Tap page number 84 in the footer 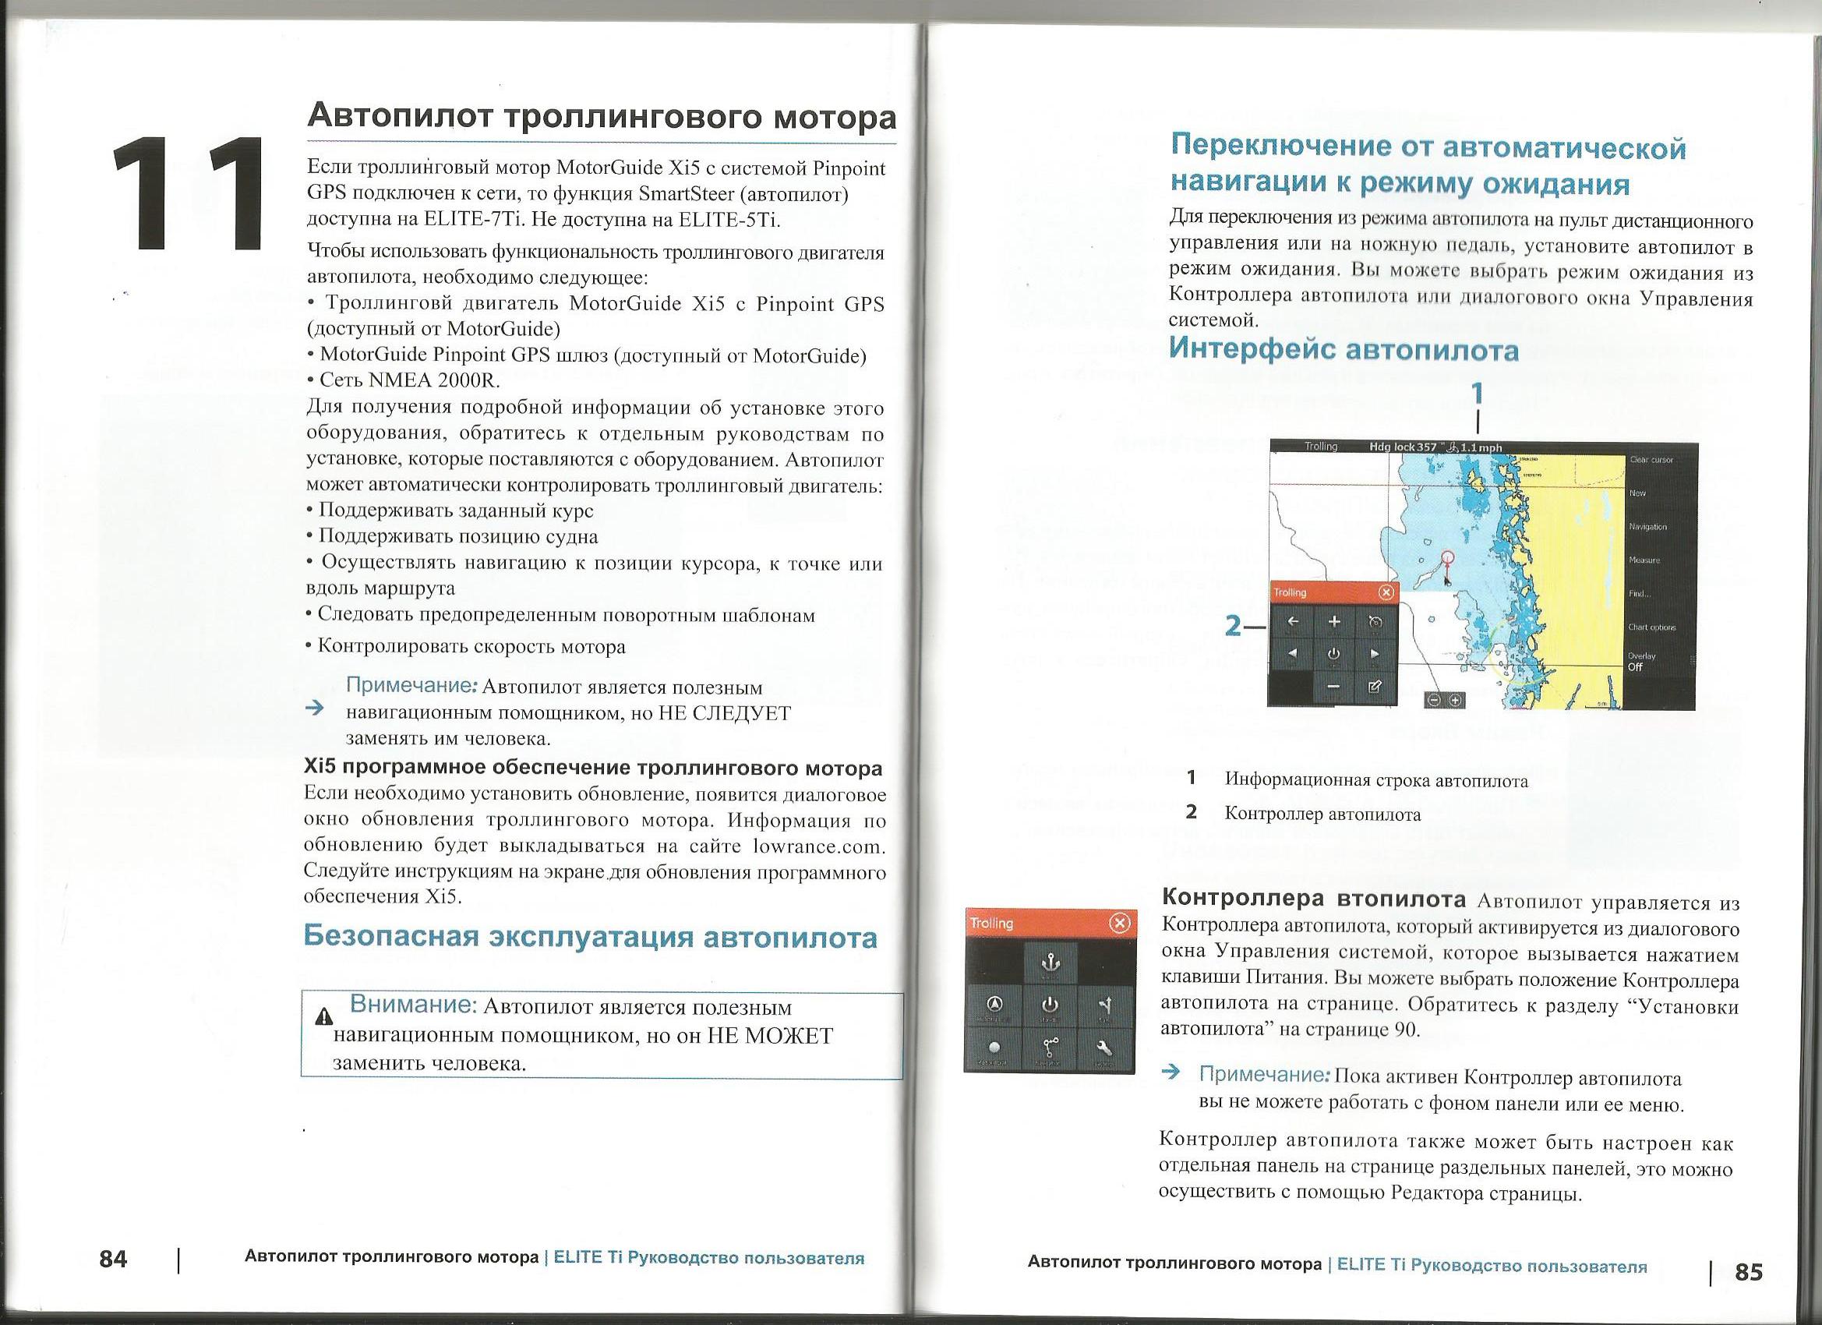point(113,1259)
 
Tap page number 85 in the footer point(1749,1272)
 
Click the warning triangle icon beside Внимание point(324,1016)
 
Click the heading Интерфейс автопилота point(1344,349)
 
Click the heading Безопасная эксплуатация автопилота point(591,938)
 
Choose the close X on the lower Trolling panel point(1118,924)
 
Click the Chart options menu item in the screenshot point(1650,627)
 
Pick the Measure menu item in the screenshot point(1644,560)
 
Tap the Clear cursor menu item point(1651,460)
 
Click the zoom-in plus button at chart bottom point(1455,701)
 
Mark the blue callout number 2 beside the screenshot point(1234,626)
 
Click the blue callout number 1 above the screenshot point(1476,394)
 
